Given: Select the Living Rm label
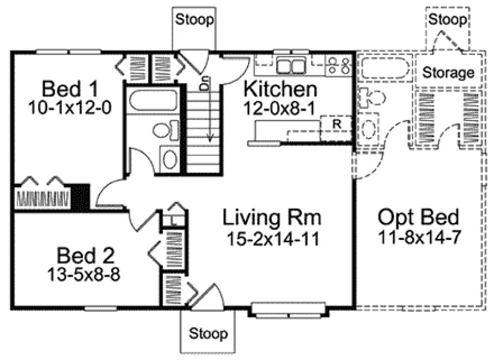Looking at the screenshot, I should (x=272, y=218).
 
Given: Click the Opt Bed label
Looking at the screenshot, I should (x=419, y=218).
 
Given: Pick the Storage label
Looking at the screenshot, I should (x=448, y=72).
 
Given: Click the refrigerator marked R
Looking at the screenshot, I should (x=337, y=123).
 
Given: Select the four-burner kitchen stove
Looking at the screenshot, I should (x=338, y=65).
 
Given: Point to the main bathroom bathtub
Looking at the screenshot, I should (x=152, y=102).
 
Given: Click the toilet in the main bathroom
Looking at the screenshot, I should (x=166, y=130).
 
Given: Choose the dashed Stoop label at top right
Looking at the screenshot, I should (x=448, y=21).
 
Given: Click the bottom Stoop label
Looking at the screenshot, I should (x=208, y=333).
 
